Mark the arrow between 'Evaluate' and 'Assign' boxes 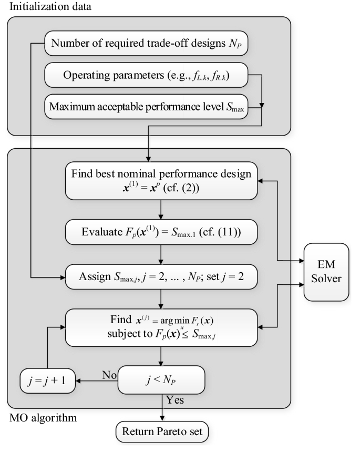point(162,253)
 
